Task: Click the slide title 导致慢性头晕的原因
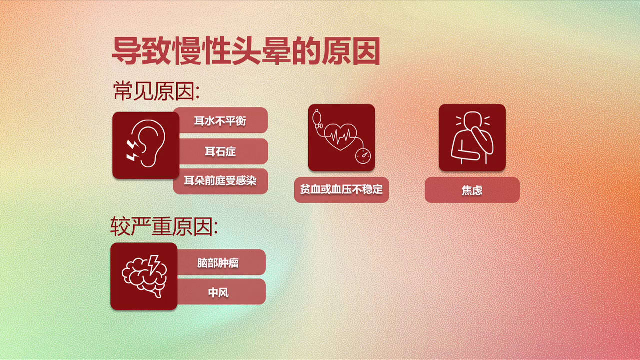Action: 246,51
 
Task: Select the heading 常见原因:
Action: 156,91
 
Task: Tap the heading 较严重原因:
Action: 164,226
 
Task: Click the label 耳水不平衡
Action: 220,121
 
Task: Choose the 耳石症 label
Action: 220,151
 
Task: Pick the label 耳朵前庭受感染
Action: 220,181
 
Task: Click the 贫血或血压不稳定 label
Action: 341,189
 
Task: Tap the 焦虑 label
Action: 472,190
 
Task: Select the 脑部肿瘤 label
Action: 218,263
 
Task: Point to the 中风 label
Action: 218,293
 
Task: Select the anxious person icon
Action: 472,137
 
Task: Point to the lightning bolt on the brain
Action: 154,264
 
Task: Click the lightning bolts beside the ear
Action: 133,150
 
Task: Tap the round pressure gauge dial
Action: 363,156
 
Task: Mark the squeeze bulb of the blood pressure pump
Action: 316,117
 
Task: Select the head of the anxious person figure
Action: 473,120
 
